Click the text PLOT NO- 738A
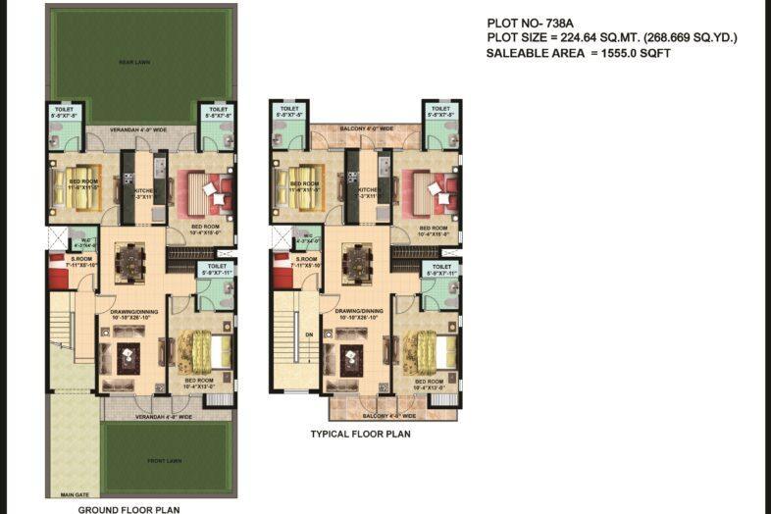coord(531,23)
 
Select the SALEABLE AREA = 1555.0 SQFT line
coord(578,53)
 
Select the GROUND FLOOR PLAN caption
coord(128,509)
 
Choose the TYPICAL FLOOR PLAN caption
coord(360,434)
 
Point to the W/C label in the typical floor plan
coord(306,235)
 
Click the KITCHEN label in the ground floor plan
coord(142,189)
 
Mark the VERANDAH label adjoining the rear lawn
coord(138,128)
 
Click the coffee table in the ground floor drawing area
coord(129,358)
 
